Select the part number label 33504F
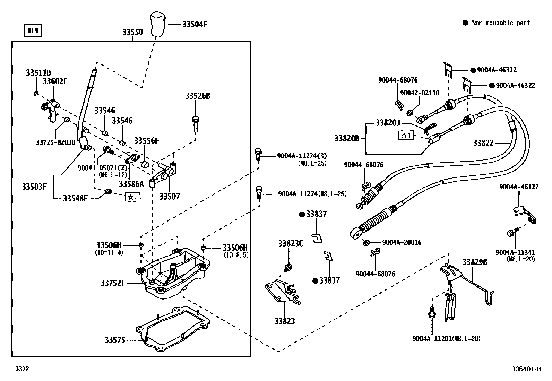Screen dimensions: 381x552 pyautogui.click(x=195, y=24)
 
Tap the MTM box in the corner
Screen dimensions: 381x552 pyautogui.click(x=33, y=31)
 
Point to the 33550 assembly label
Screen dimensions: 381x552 pyautogui.click(x=132, y=32)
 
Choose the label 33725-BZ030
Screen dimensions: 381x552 pyautogui.click(x=55, y=142)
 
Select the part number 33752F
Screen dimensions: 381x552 pyautogui.click(x=113, y=283)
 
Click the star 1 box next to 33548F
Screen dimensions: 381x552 pyautogui.click(x=133, y=197)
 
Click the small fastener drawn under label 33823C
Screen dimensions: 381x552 pyautogui.click(x=287, y=267)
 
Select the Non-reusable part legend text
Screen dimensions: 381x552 pyautogui.click(x=501, y=23)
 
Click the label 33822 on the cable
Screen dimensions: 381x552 pyautogui.click(x=483, y=143)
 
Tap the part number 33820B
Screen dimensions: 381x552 pyautogui.click(x=347, y=138)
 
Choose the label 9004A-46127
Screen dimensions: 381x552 pyautogui.click(x=519, y=187)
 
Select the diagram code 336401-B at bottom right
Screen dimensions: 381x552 pyautogui.click(x=526, y=369)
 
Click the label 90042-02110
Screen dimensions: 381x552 pyautogui.click(x=420, y=93)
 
